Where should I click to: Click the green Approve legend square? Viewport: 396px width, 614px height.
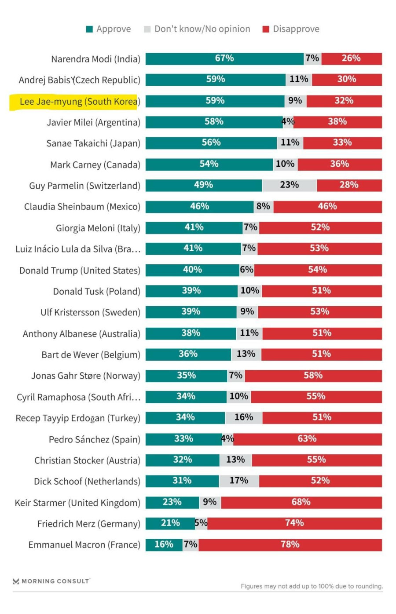[89, 29]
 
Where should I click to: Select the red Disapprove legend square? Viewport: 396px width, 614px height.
[266, 29]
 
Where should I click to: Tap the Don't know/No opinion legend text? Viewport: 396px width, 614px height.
[202, 29]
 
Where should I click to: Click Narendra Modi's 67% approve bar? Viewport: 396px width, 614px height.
[224, 58]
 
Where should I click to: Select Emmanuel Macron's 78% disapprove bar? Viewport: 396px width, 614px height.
[290, 545]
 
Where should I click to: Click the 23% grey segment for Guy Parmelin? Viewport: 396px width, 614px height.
[289, 185]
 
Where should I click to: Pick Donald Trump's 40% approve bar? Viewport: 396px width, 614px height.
[192, 270]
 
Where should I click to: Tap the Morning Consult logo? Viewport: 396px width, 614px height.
[51, 581]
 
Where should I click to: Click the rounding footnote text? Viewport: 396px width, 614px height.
[312, 586]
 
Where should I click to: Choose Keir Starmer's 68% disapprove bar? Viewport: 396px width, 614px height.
[301, 502]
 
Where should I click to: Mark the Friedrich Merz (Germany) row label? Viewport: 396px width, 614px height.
[88, 524]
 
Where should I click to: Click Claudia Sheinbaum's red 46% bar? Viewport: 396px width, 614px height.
[327, 206]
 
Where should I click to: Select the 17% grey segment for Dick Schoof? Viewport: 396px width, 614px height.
[239, 481]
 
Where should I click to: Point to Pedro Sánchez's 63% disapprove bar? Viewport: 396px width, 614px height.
[307, 439]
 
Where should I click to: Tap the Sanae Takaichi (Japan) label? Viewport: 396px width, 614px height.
[93, 143]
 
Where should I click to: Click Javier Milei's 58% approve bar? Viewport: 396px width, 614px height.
[214, 122]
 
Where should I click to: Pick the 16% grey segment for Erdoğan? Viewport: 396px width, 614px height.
[244, 417]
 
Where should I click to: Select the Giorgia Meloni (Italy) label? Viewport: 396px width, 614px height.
[98, 228]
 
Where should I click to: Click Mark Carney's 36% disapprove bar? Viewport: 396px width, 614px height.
[340, 164]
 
